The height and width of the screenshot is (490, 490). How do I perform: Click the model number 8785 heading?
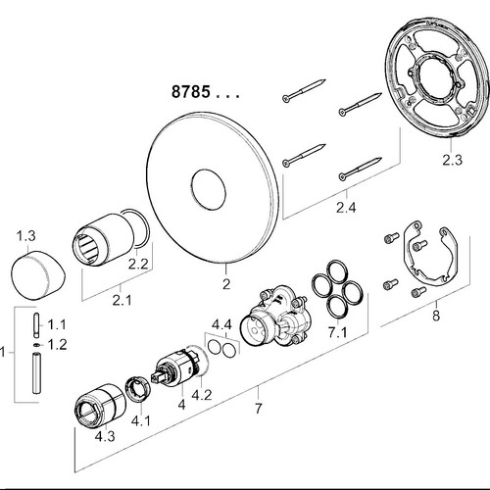191,92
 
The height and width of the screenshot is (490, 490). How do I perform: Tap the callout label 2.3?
453,160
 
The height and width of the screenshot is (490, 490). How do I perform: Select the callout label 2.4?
346,207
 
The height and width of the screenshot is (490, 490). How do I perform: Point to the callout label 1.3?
26,235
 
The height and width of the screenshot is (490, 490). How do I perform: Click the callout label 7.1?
338,332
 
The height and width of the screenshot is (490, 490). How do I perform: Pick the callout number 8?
436,316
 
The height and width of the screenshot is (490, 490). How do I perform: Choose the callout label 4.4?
221,324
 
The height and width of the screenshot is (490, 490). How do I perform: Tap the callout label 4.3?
105,436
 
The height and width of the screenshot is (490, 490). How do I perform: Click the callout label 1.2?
57,345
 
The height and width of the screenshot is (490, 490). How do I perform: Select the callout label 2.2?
138,264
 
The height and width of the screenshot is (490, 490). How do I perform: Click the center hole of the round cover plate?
209,189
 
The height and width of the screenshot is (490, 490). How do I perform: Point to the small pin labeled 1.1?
37,325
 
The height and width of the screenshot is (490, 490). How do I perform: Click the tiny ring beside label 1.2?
37,344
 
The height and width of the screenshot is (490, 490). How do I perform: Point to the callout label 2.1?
122,300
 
